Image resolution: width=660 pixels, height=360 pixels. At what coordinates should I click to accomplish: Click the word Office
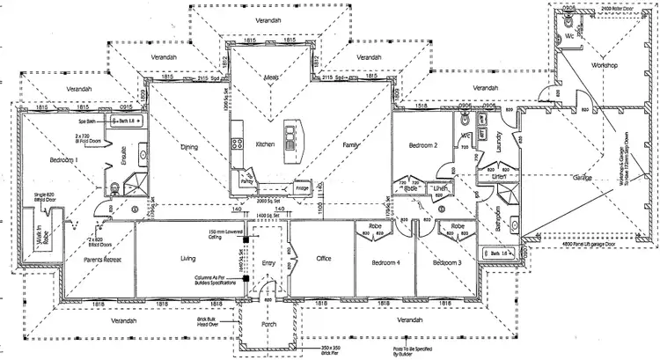tap(317, 258)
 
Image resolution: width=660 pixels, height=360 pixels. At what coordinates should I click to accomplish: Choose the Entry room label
tap(269, 263)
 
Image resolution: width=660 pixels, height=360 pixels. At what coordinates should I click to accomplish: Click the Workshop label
tap(607, 66)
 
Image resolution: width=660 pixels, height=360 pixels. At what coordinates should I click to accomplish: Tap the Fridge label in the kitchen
tap(302, 187)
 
